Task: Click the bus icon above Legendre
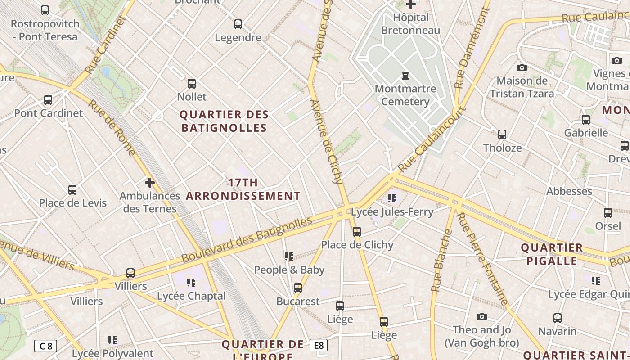(x=238, y=24)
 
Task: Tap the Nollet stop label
(x=192, y=97)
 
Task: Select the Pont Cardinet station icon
(x=48, y=100)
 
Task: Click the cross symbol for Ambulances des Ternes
(x=150, y=183)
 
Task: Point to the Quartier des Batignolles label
(x=224, y=121)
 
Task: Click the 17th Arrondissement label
(x=243, y=189)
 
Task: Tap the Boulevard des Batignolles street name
(x=247, y=241)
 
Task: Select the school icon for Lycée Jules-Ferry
(x=392, y=198)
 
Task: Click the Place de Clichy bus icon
(x=357, y=232)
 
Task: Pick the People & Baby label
(x=289, y=270)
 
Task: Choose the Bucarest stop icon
(x=298, y=288)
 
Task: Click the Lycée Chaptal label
(x=191, y=296)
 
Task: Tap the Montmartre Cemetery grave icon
(x=405, y=75)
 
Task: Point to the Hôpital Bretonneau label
(x=410, y=24)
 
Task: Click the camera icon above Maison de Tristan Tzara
(x=522, y=68)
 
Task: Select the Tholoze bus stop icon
(x=502, y=135)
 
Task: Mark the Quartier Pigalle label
(x=552, y=254)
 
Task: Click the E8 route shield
(x=319, y=346)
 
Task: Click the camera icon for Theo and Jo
(x=482, y=317)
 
